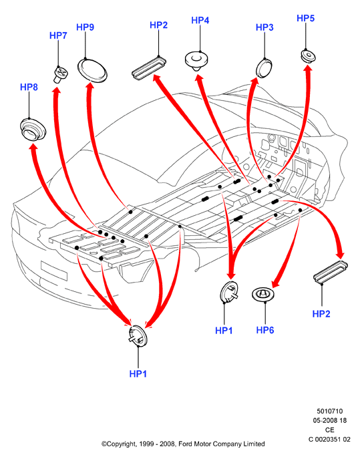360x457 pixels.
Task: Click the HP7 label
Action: (58, 35)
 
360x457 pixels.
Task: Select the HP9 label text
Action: (85, 27)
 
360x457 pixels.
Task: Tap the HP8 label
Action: (29, 87)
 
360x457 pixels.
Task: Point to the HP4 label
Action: (200, 21)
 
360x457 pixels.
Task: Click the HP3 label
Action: (264, 27)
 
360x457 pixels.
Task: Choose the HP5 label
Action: (305, 18)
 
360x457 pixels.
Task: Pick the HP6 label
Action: (265, 330)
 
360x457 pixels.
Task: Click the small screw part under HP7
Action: (61, 75)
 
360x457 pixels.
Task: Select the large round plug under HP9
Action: (92, 71)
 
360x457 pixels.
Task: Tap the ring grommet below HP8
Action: (33, 130)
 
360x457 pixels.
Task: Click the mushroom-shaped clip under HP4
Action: (196, 61)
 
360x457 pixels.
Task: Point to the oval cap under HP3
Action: (264, 69)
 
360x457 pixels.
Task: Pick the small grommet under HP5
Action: (308, 56)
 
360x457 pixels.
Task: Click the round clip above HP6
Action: (263, 295)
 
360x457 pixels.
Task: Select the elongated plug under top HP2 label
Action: (149, 68)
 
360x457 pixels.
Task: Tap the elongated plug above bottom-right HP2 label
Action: (331, 272)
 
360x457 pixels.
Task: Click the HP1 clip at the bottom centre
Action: (138, 336)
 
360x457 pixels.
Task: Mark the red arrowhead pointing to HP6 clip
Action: (276, 283)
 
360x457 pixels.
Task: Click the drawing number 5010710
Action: (330, 412)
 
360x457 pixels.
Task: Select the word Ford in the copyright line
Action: (184, 444)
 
